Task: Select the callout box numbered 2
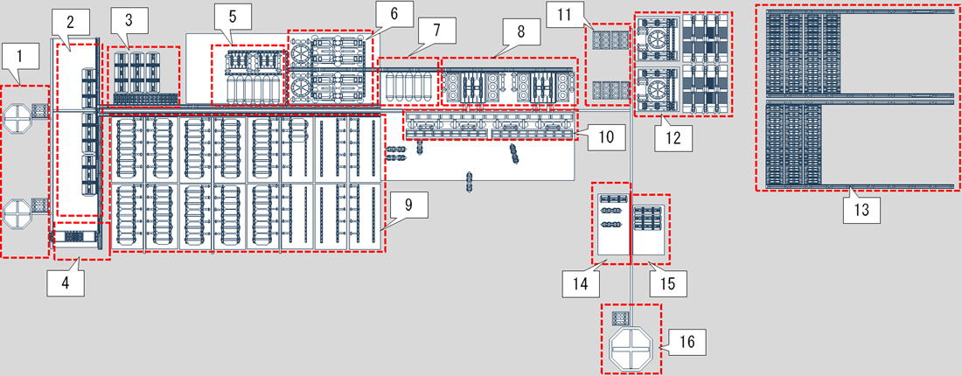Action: (70, 24)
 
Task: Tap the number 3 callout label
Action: (129, 18)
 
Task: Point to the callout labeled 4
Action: (66, 282)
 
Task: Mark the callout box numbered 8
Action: (521, 31)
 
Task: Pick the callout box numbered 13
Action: (862, 209)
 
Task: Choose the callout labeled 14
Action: (582, 283)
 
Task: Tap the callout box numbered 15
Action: (668, 283)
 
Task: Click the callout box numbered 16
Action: (687, 342)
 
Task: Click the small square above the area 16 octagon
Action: (621, 318)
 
